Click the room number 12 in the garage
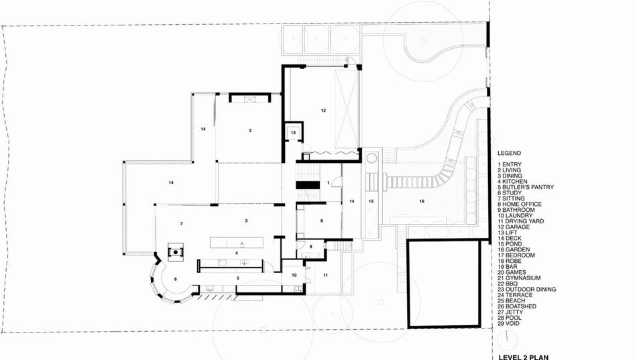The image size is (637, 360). point(323,111)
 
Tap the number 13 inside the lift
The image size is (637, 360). point(293,133)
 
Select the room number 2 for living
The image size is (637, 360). point(250,131)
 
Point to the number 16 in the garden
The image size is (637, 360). point(422,201)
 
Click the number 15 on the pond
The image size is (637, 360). point(371,201)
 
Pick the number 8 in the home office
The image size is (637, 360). point(322,221)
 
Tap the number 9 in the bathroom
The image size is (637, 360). point(310,247)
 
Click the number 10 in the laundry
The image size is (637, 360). point(294,275)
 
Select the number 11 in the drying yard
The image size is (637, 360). point(325,275)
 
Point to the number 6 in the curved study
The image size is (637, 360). point(176,279)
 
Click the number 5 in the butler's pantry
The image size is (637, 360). point(238,278)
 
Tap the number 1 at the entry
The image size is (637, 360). point(329,183)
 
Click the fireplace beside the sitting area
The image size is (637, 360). point(176,252)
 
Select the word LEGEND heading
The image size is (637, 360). point(510,153)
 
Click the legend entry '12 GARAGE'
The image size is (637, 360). point(514,227)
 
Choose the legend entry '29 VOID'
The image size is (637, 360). point(509,323)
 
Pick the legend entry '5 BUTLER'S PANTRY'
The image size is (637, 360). point(526,187)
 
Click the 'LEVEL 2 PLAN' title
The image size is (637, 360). point(524,357)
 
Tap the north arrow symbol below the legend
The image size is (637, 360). point(506,337)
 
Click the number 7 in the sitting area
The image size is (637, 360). point(181,224)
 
